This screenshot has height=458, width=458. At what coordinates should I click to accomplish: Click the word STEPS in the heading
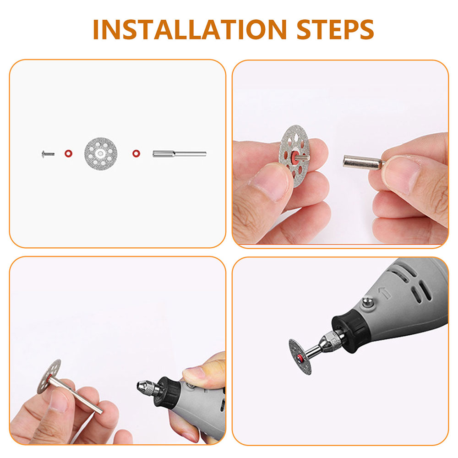tap(335, 29)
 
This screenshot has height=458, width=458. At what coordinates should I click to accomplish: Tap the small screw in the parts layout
tap(48, 153)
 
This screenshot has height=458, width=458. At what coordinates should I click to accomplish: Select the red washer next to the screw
tap(68, 153)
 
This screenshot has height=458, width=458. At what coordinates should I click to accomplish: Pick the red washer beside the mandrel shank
tap(136, 153)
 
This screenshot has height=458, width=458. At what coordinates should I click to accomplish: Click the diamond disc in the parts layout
tap(101, 153)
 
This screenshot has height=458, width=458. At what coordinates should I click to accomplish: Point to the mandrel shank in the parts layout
tap(180, 153)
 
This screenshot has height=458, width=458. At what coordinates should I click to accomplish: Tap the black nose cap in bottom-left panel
tap(168, 393)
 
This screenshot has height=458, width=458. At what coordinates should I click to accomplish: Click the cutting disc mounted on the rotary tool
tap(300, 356)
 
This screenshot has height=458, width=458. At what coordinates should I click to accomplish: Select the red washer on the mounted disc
tap(300, 358)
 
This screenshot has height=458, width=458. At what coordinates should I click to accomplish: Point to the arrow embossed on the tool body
tap(384, 293)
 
